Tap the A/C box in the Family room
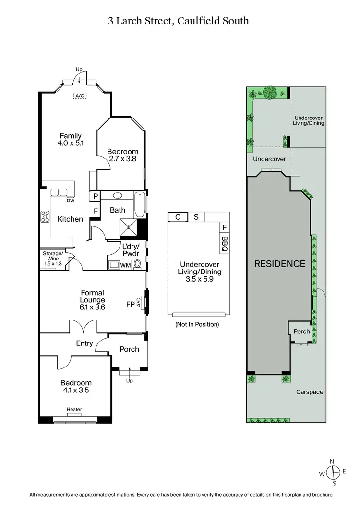pyautogui.click(x=80, y=96)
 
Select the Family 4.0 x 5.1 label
pyautogui.click(x=71, y=139)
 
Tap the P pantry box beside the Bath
pyautogui.click(x=96, y=196)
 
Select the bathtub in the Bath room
pyautogui.click(x=140, y=205)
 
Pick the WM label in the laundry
pyautogui.click(x=125, y=265)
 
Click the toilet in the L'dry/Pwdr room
pyautogui.click(x=138, y=264)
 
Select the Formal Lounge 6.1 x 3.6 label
pyautogui.click(x=93, y=296)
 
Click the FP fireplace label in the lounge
pyautogui.click(x=130, y=304)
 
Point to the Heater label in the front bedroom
pyautogui.click(x=74, y=409)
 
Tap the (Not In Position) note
pyautogui.click(x=197, y=324)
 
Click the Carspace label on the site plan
pyautogui.click(x=310, y=392)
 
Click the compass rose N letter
pyautogui.click(x=332, y=462)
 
